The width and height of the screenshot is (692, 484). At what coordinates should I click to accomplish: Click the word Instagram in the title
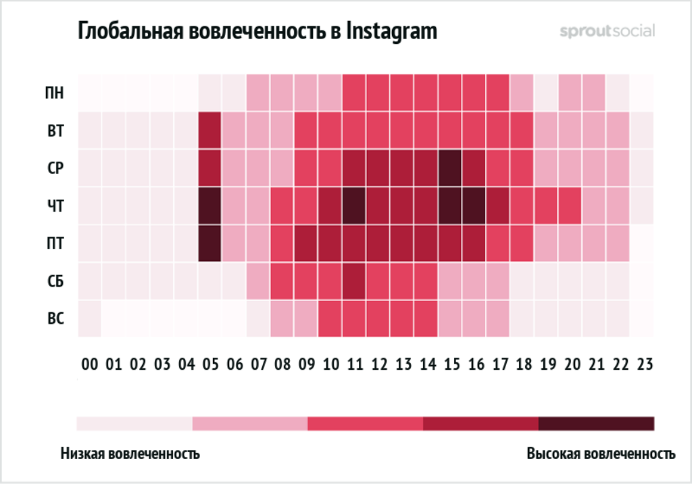click(391, 31)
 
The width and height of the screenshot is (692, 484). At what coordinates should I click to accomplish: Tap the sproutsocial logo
click(607, 31)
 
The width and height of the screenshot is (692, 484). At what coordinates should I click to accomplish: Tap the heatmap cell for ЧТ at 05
click(211, 205)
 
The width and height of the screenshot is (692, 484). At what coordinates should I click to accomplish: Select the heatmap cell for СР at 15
click(451, 168)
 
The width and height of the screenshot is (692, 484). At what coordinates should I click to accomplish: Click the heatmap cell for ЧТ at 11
click(355, 205)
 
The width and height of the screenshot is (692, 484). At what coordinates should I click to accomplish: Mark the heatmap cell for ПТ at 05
click(211, 243)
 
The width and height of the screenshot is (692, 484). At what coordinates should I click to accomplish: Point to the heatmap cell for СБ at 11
click(355, 281)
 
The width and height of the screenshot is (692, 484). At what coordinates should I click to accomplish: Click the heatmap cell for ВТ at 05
click(211, 130)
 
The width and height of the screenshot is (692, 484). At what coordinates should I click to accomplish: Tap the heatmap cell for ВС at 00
click(91, 318)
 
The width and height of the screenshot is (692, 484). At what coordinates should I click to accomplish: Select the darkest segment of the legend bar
click(596, 424)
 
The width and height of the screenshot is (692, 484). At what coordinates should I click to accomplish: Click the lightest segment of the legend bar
click(134, 424)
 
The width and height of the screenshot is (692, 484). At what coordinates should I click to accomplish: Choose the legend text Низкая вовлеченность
click(130, 453)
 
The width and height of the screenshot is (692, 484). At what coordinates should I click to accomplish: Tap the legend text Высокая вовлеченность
click(601, 453)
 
